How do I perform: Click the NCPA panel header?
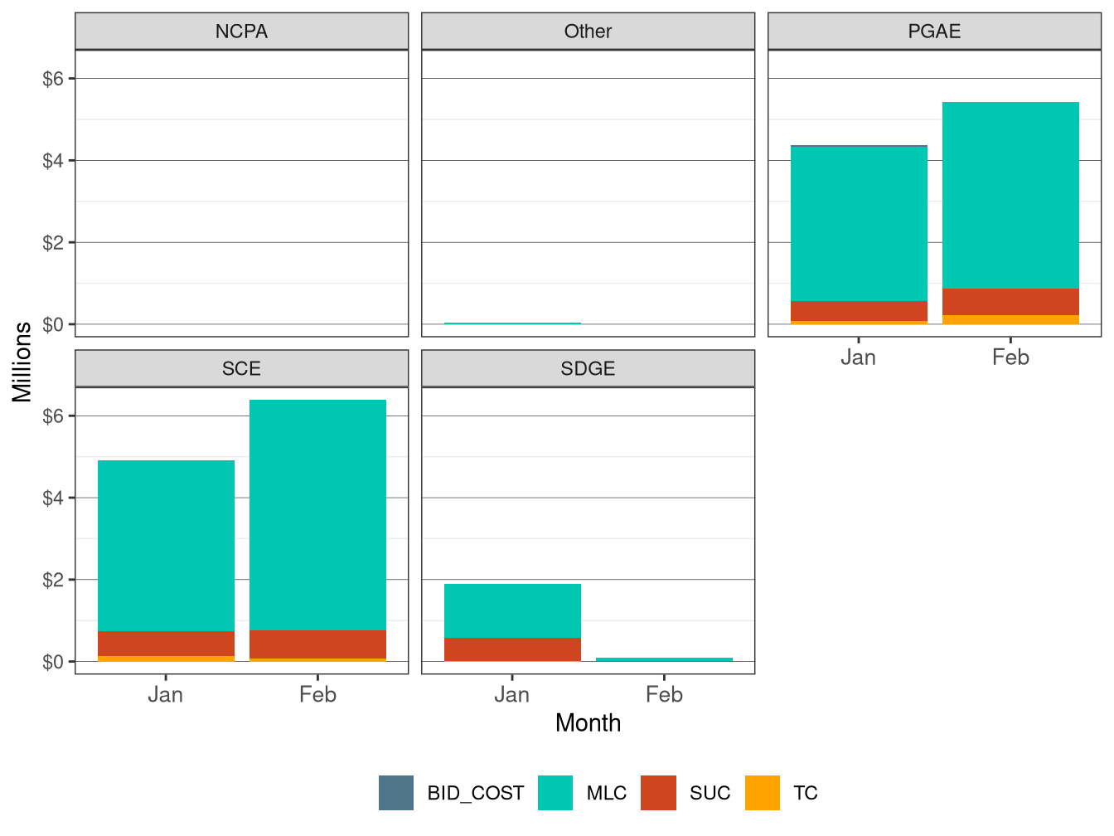[241, 32]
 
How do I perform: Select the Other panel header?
[588, 32]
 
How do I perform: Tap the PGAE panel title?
[934, 32]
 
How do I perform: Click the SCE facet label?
[241, 369]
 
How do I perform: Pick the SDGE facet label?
[588, 369]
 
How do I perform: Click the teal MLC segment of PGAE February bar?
[1010, 196]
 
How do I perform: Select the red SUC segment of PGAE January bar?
[859, 311]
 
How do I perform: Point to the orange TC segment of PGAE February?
[1010, 319]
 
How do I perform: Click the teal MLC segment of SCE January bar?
[166, 546]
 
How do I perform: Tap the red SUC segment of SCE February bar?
[317, 644]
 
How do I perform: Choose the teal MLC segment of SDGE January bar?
[512, 611]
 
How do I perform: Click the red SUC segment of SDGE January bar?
[512, 649]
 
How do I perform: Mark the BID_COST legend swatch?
[396, 793]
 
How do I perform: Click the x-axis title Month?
[588, 723]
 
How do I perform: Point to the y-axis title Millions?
[22, 362]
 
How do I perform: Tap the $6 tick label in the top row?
[53, 79]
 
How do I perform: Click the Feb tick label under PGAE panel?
[1010, 357]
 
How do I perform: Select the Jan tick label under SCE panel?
[166, 695]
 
